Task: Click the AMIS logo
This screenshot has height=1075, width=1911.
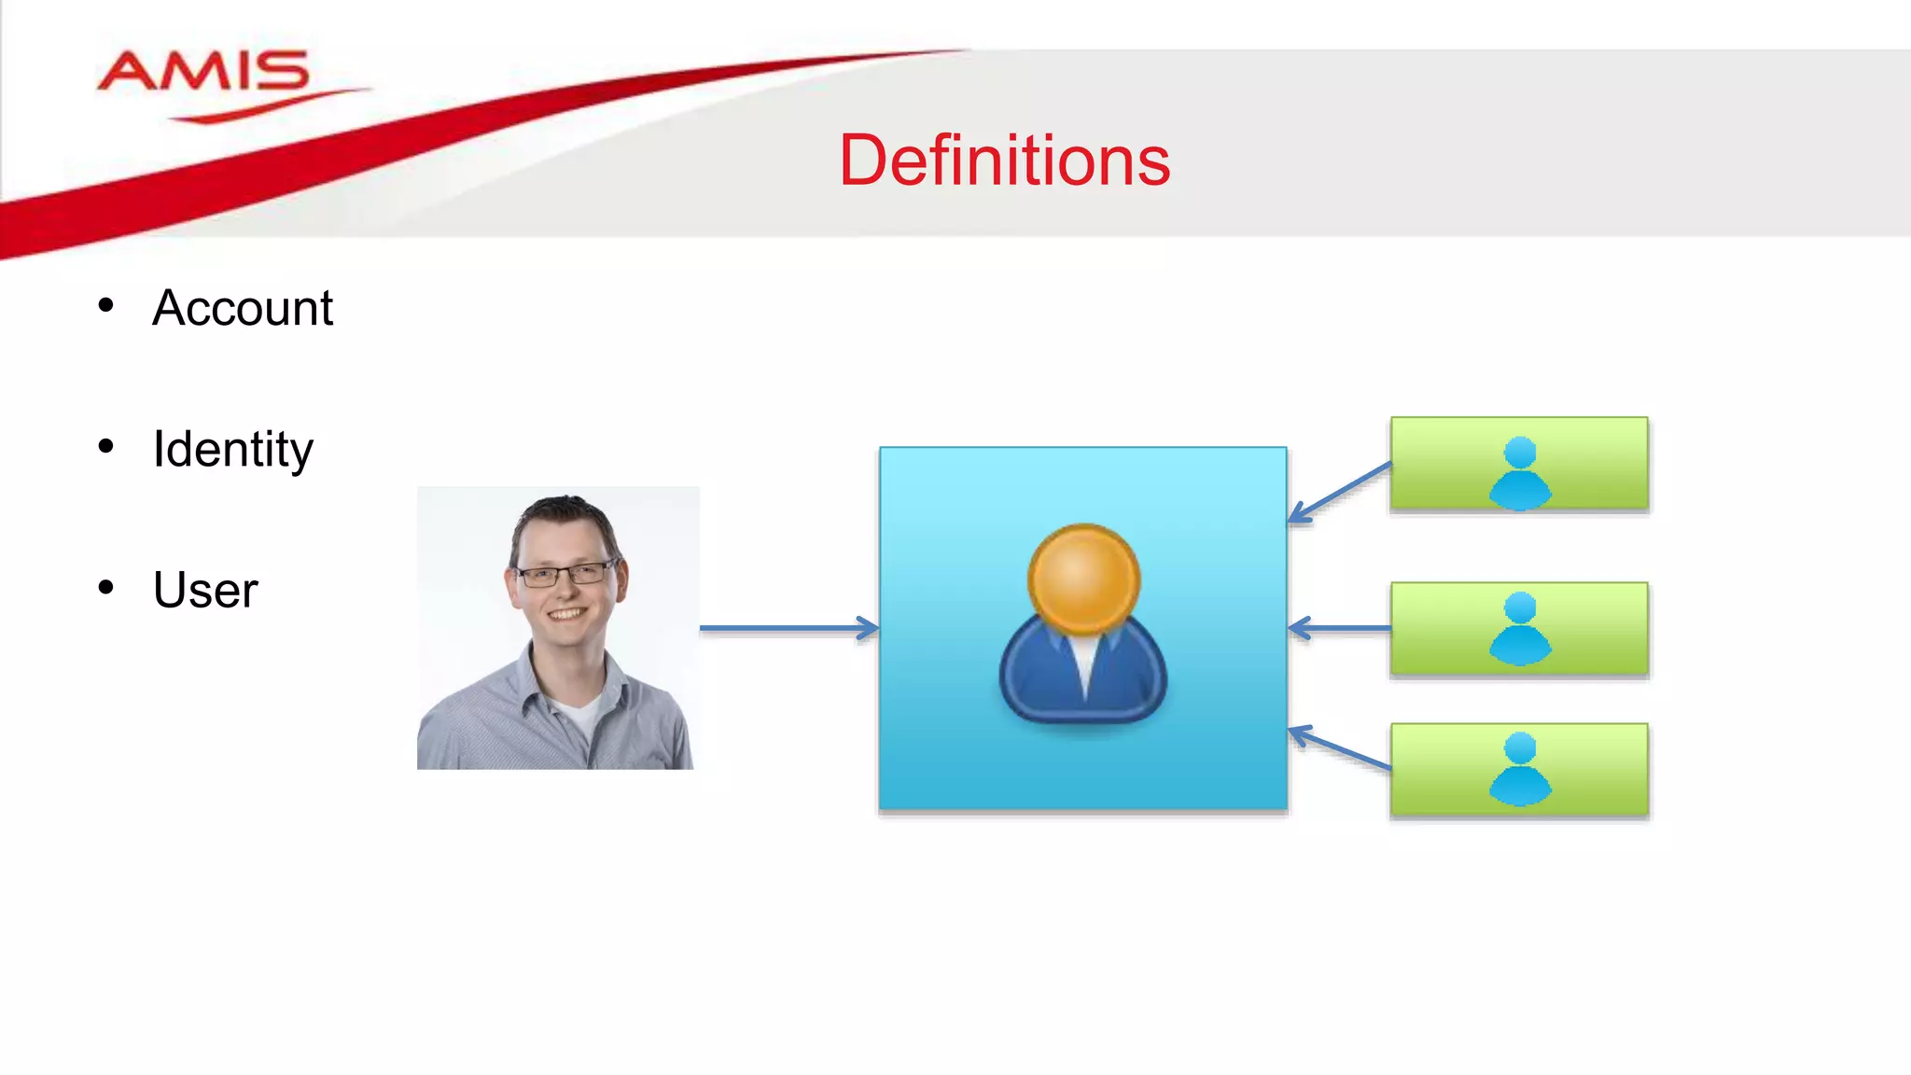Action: [203, 75]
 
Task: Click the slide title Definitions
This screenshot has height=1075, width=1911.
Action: [1004, 161]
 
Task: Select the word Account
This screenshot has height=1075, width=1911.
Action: [243, 308]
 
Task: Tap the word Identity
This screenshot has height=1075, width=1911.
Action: [233, 450]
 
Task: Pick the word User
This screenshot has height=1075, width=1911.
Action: [205, 591]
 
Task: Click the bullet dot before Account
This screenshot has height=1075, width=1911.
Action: [105, 305]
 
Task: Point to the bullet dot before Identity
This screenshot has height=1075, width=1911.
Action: [105, 447]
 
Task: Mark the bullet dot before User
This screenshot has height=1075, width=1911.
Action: [105, 588]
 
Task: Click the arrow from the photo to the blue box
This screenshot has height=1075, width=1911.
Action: [788, 628]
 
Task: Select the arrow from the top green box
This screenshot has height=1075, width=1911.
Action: [1340, 492]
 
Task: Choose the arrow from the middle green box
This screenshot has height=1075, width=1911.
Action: [1339, 628]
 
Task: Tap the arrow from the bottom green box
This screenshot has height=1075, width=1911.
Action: [1340, 748]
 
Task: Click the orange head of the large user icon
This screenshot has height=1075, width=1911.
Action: [1083, 579]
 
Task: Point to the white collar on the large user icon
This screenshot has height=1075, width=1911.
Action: [1084, 663]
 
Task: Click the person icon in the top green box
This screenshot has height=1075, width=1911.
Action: [1520, 473]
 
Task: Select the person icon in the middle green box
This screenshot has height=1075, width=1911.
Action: [1520, 628]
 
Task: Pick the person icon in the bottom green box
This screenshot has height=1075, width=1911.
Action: [1520, 769]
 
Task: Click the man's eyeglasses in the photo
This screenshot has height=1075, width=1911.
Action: [565, 575]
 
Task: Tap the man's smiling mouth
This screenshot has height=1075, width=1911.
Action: [566, 614]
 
